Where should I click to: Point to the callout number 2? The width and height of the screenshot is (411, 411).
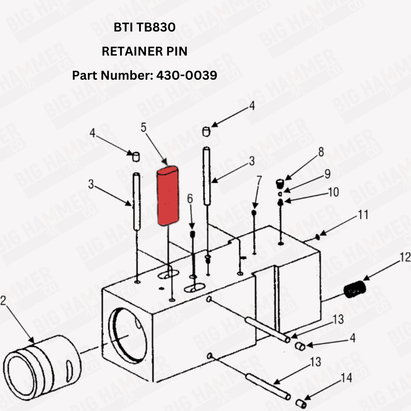4,301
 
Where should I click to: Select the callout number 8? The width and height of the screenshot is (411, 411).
321,152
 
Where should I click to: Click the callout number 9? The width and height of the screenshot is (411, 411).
327,174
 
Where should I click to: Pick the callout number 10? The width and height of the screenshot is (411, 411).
333,192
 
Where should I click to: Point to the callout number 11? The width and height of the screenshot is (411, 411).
363,215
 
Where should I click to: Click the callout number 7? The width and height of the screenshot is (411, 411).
259,180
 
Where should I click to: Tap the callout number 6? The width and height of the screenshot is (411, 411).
190,198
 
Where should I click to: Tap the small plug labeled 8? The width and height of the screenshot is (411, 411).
281,183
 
